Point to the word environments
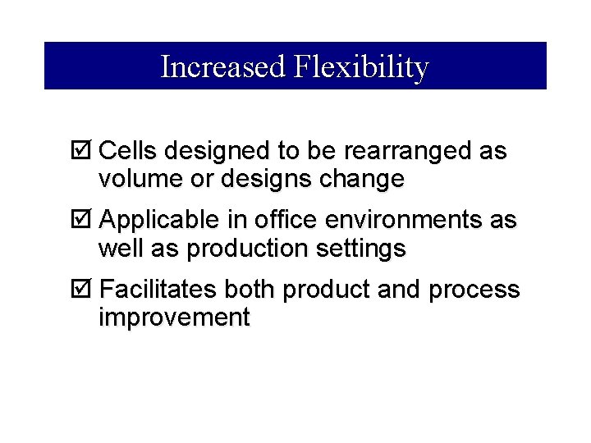click(x=397, y=221)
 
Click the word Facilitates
click(x=158, y=290)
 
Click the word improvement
click(x=173, y=317)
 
